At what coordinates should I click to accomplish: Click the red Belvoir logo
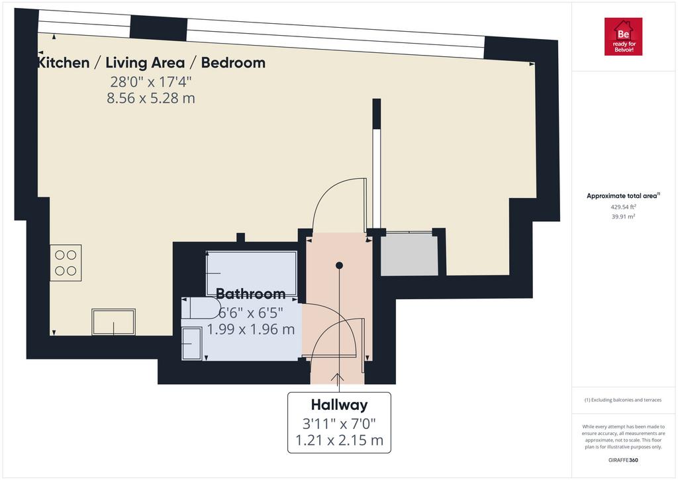click(x=623, y=36)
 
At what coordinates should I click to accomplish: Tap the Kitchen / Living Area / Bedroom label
click(x=152, y=63)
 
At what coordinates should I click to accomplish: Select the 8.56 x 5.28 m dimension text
click(x=151, y=98)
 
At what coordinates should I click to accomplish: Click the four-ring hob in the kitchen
click(x=66, y=263)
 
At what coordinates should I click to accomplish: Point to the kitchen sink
click(x=114, y=322)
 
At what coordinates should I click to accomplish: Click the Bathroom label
click(x=250, y=294)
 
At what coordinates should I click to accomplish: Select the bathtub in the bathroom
click(x=251, y=273)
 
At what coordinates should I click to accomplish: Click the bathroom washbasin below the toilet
click(x=191, y=344)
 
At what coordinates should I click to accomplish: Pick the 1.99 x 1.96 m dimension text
click(x=251, y=330)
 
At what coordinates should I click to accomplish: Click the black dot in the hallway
click(x=340, y=265)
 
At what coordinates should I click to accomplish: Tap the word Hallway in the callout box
click(x=340, y=405)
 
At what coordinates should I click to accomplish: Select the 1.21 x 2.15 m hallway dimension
click(x=340, y=440)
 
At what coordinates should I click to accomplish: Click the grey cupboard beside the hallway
click(x=409, y=255)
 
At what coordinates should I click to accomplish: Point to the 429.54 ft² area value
click(x=623, y=207)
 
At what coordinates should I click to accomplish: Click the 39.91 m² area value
click(x=623, y=216)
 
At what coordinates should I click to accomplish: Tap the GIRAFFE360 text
click(x=623, y=460)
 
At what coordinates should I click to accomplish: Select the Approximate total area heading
click(x=623, y=196)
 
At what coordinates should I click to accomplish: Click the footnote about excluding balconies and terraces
click(x=623, y=400)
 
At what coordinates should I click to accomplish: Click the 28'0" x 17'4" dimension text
click(x=151, y=81)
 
